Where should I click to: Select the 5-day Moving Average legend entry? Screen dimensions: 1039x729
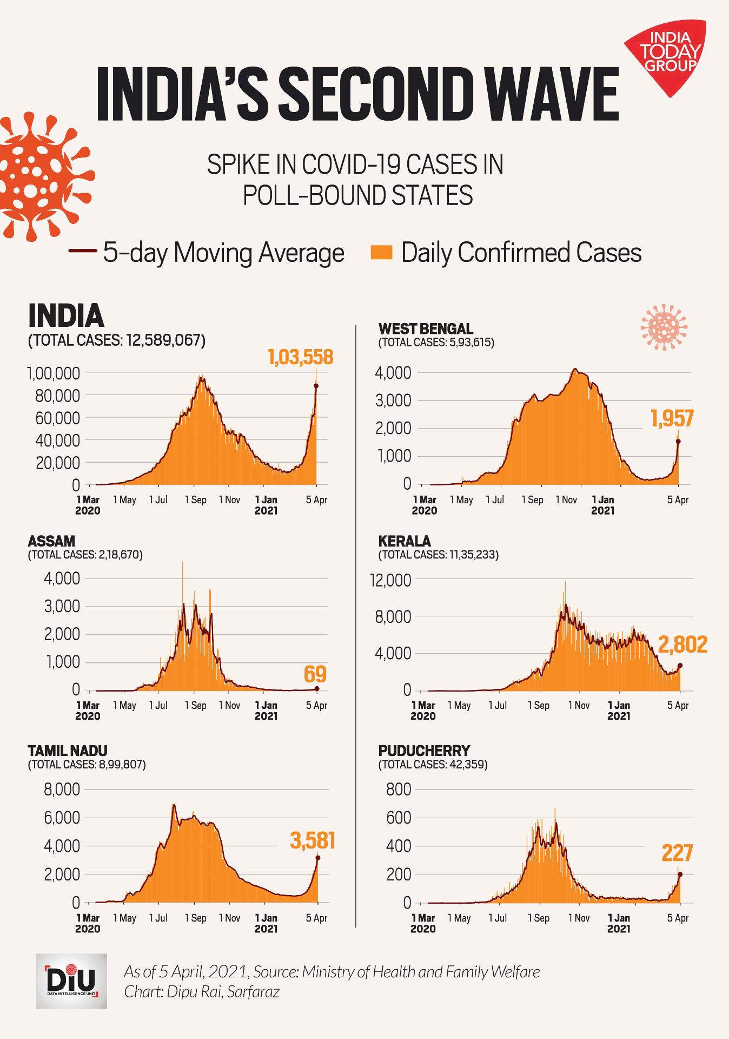click(x=207, y=253)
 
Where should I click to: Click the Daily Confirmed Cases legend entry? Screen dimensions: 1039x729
click(x=506, y=253)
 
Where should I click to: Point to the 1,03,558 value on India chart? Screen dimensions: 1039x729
click(x=300, y=357)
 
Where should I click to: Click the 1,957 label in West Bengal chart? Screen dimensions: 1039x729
click(x=672, y=418)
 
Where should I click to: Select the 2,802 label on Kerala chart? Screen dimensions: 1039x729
click(x=682, y=645)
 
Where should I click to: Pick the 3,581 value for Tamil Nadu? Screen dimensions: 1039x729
click(x=313, y=841)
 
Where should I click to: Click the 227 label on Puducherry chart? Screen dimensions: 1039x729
click(x=677, y=853)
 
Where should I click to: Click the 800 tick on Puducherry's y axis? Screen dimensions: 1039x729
click(x=399, y=790)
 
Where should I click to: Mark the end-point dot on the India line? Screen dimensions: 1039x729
click(x=316, y=386)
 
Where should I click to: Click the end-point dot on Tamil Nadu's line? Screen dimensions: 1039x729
click(x=318, y=858)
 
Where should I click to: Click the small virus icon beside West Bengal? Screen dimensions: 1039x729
click(x=664, y=327)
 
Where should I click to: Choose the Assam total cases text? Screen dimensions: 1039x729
click(x=85, y=555)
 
